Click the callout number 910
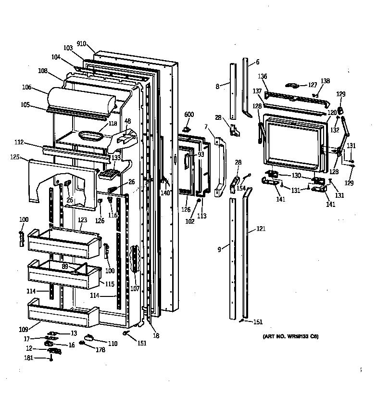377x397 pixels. pos(81,44)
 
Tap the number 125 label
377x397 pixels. pos(15,157)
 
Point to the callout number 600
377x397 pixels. pos(189,114)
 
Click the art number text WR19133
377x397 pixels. pos(294,337)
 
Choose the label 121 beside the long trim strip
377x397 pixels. pos(261,230)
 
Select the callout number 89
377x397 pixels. pos(64,266)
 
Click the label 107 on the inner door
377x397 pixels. pos(135,289)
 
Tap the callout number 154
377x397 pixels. pos(241,188)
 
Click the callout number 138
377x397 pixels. pos(326,81)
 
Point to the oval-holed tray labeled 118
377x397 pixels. pos(88,137)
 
